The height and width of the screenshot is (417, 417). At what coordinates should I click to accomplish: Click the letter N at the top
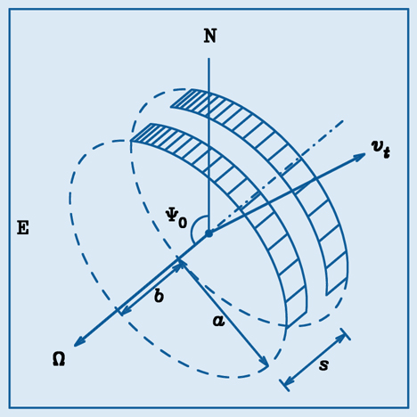coord(210,36)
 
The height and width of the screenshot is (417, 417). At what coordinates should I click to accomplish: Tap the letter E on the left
coord(23,228)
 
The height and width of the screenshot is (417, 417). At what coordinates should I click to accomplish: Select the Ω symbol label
coord(59,359)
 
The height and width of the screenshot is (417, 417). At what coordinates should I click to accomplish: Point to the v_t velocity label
coord(380,149)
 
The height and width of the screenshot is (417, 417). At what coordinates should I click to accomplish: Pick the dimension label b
coord(159,296)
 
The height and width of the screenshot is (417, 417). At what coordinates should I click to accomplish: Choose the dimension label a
coord(218,321)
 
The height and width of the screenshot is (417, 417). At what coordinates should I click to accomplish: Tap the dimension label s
coord(323,364)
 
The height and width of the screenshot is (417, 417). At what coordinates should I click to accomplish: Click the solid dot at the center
coord(208,233)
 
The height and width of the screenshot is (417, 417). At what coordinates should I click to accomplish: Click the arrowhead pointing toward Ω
coord(78,342)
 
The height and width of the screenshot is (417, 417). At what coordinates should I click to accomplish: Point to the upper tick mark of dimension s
coord(346,334)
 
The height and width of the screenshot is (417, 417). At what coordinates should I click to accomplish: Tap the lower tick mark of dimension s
coord(284,385)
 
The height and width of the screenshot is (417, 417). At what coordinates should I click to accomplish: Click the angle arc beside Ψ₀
coord(194,228)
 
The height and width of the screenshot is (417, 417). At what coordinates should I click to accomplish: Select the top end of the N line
coord(208,58)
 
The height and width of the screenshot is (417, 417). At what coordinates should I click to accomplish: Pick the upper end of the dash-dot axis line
coord(343,120)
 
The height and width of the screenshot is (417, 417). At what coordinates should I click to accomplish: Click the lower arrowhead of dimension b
coord(125,311)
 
